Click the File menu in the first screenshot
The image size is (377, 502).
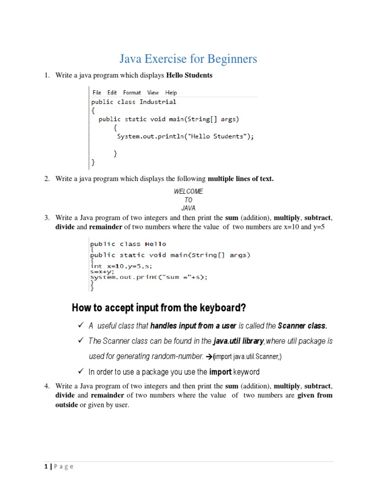click(97, 92)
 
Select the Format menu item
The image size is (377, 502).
click(132, 92)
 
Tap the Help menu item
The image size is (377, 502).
click(171, 92)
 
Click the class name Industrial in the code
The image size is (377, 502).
click(158, 102)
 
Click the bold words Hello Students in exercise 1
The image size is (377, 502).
click(189, 75)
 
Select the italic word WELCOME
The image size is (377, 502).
click(188, 191)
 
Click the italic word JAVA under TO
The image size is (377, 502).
click(188, 208)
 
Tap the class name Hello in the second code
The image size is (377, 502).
click(156, 244)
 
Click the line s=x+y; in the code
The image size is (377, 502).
click(102, 271)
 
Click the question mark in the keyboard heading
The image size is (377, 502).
click(242, 308)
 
